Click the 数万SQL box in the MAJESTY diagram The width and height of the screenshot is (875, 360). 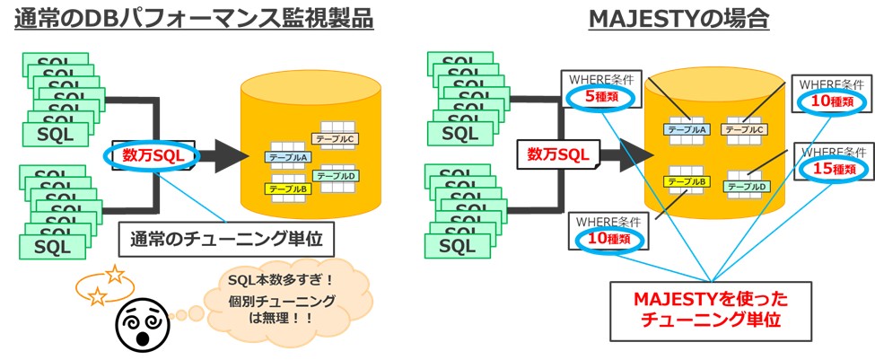pos(557,154)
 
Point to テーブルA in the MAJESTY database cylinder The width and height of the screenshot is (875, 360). pos(687,129)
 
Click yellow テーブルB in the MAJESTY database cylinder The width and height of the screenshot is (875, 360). pos(687,182)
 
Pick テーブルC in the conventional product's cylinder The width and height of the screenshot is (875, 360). pos(335,139)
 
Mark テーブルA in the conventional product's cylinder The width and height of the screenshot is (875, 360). pos(289,158)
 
